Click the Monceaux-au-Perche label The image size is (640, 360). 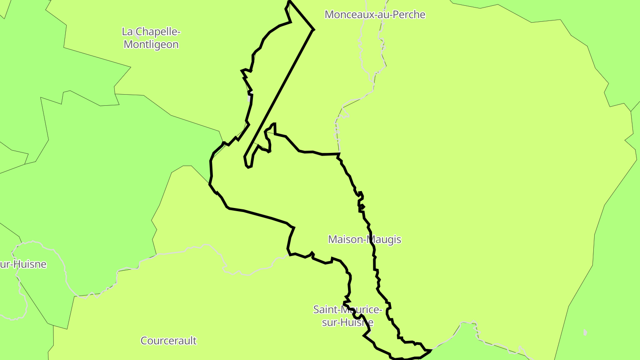click(375, 15)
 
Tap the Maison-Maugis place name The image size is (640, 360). click(364, 240)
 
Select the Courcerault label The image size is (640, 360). click(168, 341)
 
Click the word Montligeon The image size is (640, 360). click(151, 44)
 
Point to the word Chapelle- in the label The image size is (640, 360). click(158, 32)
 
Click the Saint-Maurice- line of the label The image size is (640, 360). click(347, 309)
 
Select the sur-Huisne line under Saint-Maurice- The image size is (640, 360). click(347, 323)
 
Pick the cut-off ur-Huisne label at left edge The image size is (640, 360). click(23, 264)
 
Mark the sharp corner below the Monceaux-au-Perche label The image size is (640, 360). click(313, 30)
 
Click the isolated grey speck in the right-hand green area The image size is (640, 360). click(585, 332)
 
